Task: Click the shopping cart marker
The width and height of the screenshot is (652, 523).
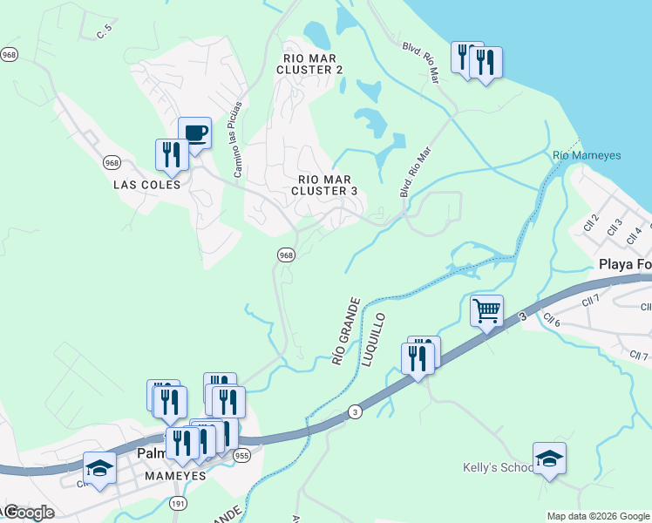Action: pyautogui.click(x=486, y=310)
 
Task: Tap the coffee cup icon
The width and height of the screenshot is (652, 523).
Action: pyautogui.click(x=195, y=133)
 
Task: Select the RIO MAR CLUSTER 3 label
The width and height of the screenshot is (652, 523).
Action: pyautogui.click(x=324, y=184)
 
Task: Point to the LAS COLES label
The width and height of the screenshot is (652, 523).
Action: pyautogui.click(x=147, y=185)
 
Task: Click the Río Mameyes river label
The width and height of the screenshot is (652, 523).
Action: pyautogui.click(x=587, y=155)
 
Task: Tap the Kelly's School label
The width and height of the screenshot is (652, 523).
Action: pyautogui.click(x=498, y=468)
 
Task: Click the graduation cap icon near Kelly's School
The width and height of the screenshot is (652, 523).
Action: pyautogui.click(x=549, y=458)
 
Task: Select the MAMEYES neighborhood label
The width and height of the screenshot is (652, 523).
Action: pyautogui.click(x=173, y=476)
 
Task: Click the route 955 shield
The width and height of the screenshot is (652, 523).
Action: pyautogui.click(x=241, y=456)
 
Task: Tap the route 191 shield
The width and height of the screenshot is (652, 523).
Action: pyautogui.click(x=178, y=504)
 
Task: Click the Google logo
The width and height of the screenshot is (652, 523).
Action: pyautogui.click(x=29, y=513)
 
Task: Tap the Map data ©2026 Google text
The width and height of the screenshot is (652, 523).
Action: pyautogui.click(x=597, y=516)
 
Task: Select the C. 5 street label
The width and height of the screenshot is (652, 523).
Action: pyautogui.click(x=105, y=32)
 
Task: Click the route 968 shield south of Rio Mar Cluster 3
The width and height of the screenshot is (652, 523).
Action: pyautogui.click(x=286, y=255)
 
